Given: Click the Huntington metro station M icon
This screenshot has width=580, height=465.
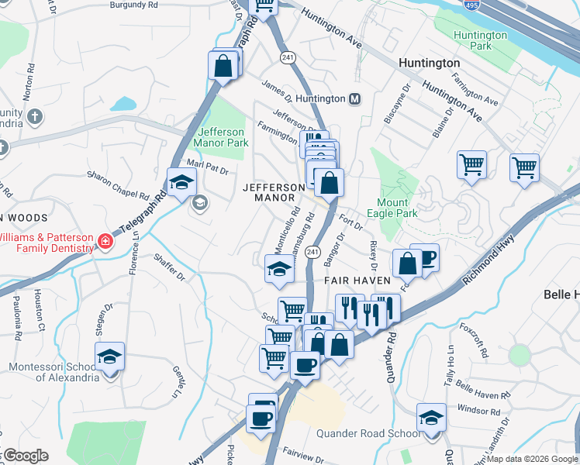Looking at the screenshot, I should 355,99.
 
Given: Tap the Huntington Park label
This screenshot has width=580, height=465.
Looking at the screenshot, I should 480,40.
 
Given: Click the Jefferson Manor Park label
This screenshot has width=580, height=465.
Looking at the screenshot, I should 223,137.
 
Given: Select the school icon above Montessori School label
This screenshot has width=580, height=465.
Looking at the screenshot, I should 109,356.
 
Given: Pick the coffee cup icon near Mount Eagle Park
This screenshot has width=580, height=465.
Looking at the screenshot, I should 425,258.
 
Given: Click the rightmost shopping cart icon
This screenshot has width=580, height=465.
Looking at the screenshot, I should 524,167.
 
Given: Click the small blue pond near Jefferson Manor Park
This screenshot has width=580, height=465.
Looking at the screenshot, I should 123,104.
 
